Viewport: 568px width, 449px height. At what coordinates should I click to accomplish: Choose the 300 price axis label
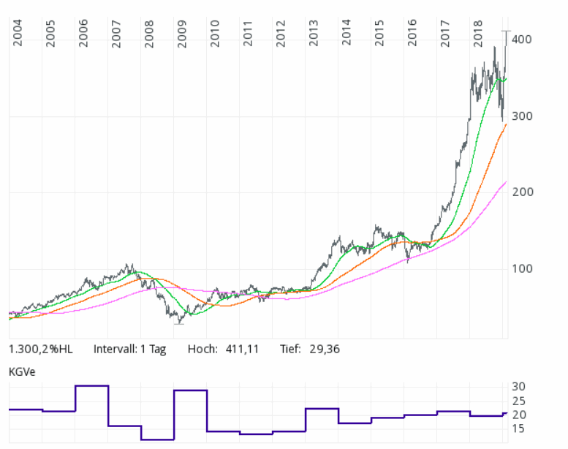[524, 116]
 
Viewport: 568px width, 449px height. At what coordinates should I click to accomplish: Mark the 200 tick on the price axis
[524, 192]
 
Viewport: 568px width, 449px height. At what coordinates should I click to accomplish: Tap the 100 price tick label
[524, 268]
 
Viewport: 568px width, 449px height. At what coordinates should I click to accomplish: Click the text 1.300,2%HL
[41, 349]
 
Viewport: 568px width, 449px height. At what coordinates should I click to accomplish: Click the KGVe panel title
[22, 371]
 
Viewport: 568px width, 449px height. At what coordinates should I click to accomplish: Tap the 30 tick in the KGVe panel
[518, 386]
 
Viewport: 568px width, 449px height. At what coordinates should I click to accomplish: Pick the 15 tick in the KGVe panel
[518, 429]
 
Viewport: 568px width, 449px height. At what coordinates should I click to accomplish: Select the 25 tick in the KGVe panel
[518, 401]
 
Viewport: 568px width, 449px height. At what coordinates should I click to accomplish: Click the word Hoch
[202, 349]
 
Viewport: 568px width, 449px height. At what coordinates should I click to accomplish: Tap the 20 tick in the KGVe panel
[518, 415]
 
